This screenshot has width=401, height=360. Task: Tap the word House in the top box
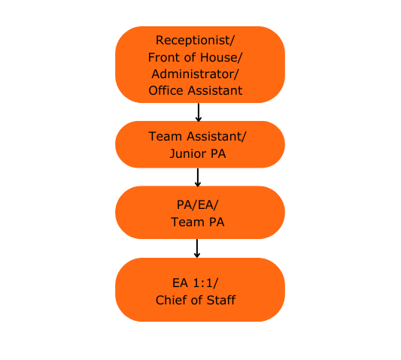coord(220,57)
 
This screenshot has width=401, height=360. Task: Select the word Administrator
coord(193,74)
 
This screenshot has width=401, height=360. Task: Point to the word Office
coord(166,90)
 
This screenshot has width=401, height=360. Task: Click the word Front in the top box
coord(165,57)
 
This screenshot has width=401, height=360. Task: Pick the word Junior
coord(188,153)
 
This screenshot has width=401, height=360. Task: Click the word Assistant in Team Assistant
coord(214,136)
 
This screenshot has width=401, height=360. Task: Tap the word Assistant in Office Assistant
coord(215,90)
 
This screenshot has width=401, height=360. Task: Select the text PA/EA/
coord(197,204)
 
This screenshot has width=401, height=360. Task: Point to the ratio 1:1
coord(203,283)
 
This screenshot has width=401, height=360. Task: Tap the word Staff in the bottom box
coord(221,300)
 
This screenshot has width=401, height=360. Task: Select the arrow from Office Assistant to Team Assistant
coord(199,112)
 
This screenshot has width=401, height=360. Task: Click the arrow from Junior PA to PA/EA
coord(198,177)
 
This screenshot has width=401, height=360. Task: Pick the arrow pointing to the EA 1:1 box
coord(197,248)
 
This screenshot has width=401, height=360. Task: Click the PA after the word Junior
coord(218,153)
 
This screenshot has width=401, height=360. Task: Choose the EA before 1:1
coord(181,283)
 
